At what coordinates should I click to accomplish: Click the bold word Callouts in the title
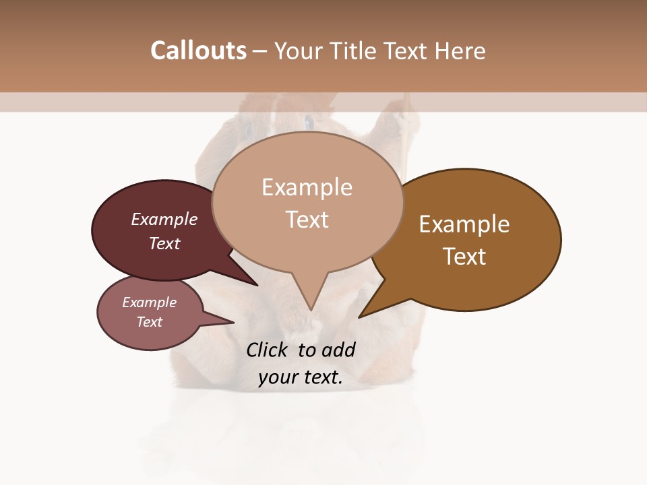coord(198,51)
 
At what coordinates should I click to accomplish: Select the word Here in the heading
coord(460,51)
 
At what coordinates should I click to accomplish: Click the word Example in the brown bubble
coord(464,224)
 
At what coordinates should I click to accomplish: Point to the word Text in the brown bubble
coord(464,257)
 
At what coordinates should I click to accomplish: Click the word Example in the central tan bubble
coord(307,187)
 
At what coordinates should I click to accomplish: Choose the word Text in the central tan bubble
coord(307,220)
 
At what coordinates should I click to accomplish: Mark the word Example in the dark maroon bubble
coord(164,220)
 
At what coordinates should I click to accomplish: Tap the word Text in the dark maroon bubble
coord(164,243)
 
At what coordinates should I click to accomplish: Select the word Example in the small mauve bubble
coord(149,302)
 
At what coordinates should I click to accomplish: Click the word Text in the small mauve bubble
coord(149,322)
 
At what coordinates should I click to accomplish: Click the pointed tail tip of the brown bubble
coord(360,317)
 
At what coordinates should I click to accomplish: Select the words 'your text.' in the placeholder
coord(301,378)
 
